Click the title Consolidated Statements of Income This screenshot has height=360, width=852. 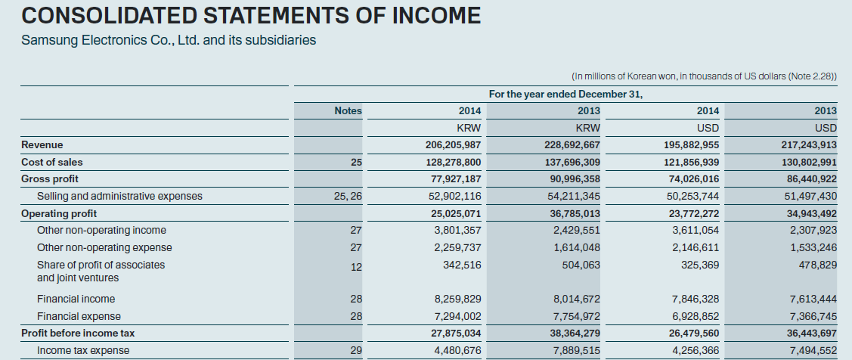pos(250,15)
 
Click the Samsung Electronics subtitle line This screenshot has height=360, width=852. pos(169,40)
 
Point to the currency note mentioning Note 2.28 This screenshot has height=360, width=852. pos(705,76)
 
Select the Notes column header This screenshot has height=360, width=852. pos(348,111)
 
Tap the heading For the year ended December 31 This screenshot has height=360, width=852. pos(565,94)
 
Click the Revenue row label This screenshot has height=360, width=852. pos(42,144)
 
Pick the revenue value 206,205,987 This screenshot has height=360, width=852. pos(454,144)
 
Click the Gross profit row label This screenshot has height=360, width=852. pos(50,179)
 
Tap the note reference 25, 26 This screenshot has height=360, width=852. pos(348,197)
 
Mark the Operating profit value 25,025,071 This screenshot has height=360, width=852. pos(454,213)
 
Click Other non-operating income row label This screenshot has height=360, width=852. pos(101,230)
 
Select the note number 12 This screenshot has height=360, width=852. pos(357,266)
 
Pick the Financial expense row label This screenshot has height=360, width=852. pos(79,316)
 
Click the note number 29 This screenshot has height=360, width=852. pos(357,350)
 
